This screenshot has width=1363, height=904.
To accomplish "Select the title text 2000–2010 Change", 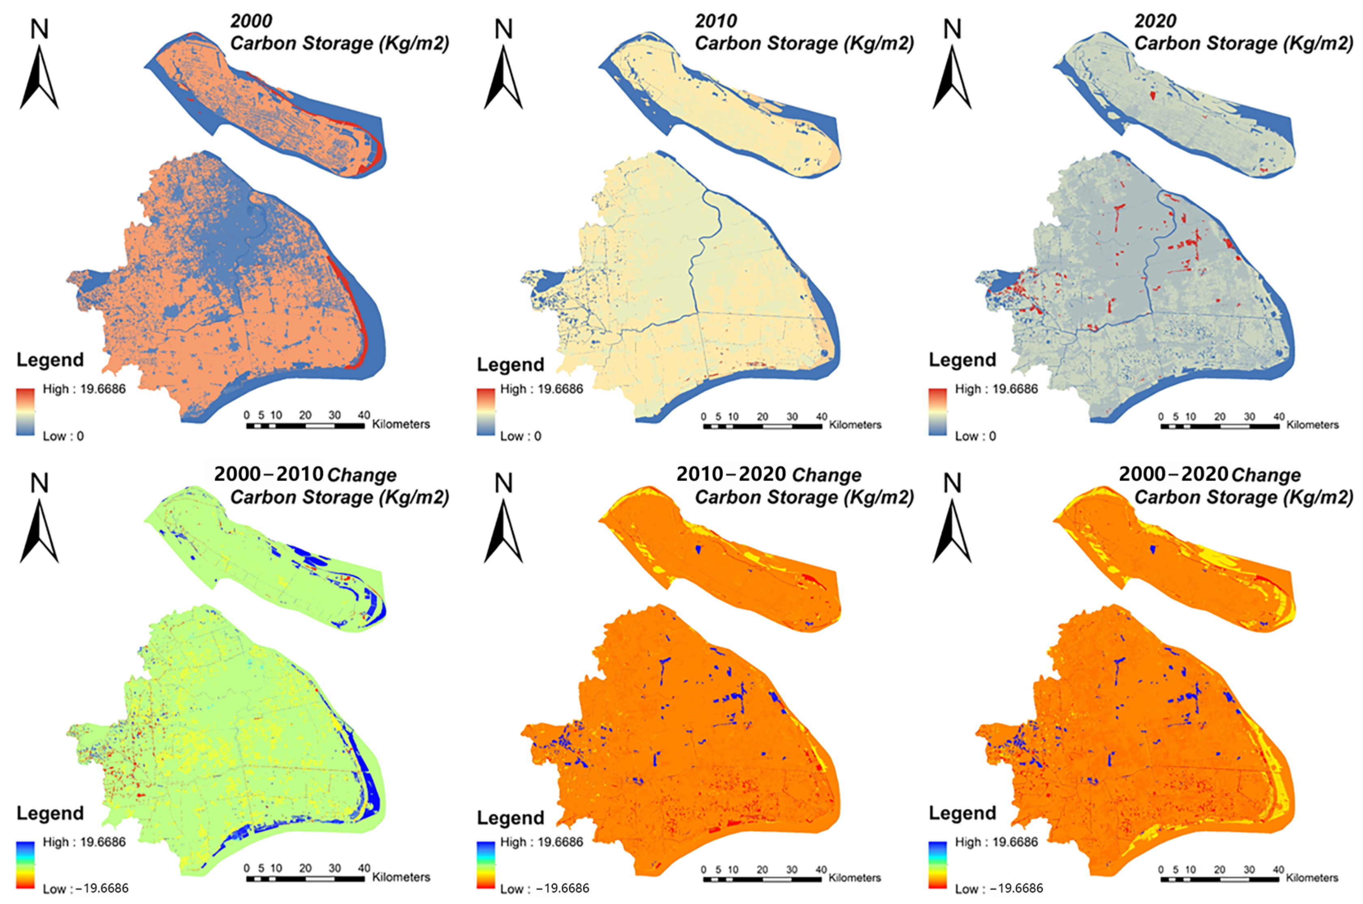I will [x=305, y=475].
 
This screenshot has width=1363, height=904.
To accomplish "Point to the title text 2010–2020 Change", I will [x=769, y=475].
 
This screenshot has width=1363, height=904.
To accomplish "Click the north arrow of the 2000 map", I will [x=39, y=78].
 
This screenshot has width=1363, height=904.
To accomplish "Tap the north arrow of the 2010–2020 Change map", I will [x=503, y=531].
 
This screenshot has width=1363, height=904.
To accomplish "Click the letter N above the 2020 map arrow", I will [x=952, y=29].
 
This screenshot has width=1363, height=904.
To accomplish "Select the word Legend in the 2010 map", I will [x=510, y=365].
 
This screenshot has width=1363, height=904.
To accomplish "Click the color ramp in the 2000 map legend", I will [x=25, y=412].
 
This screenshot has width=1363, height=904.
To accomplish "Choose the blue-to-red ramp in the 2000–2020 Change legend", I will [x=937, y=865].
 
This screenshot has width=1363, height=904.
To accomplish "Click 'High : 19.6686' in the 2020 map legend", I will [x=996, y=389].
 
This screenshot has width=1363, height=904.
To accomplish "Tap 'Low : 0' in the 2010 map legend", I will [x=520, y=436].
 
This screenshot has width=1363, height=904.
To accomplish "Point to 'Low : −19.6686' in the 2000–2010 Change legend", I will [x=85, y=889].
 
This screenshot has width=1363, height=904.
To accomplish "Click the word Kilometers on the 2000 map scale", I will [x=401, y=424].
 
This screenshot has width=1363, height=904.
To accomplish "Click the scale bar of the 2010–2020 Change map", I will [x=762, y=879].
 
